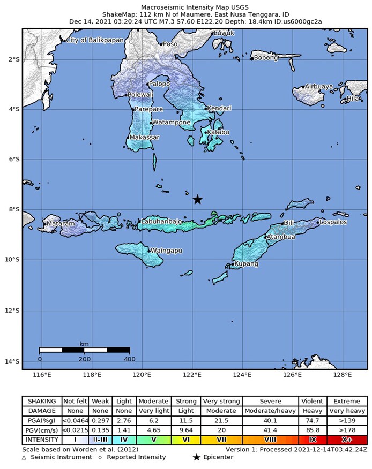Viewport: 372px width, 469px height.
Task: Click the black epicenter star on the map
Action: [197, 199]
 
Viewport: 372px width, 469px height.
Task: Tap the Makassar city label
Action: [145, 138]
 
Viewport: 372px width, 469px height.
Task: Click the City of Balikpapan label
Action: [94, 40]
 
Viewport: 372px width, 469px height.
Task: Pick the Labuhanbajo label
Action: [162, 221]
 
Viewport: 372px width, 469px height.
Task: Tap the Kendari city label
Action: [220, 108]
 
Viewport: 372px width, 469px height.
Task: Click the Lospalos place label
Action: [333, 222]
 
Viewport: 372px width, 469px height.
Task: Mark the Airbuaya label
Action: [319, 86]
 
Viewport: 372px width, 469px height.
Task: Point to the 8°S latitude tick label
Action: [14, 209]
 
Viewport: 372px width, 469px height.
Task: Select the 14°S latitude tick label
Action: [13, 361]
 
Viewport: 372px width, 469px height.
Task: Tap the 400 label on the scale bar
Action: [129, 358]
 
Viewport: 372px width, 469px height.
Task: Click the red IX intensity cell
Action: [313, 439]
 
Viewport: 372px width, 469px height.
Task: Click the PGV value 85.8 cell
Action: [313, 429]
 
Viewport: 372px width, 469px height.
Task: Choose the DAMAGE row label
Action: [41, 410]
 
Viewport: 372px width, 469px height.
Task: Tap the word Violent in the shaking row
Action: [313, 400]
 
